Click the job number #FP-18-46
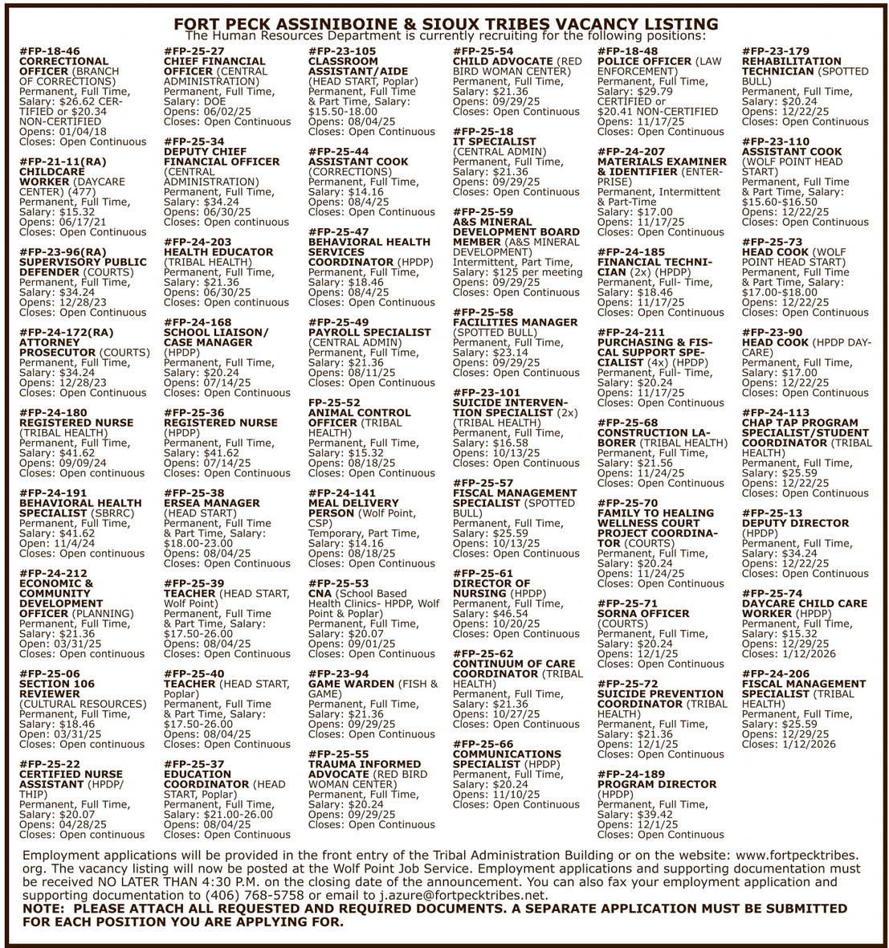click(x=50, y=51)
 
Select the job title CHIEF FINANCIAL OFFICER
click(x=214, y=66)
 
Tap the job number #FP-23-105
click(x=342, y=51)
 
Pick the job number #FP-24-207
click(x=631, y=152)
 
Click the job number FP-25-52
click(x=335, y=402)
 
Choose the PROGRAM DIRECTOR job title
click(x=657, y=784)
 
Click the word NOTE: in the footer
click(x=47, y=909)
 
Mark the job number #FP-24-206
click(x=776, y=674)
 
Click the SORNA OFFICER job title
click(x=643, y=614)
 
